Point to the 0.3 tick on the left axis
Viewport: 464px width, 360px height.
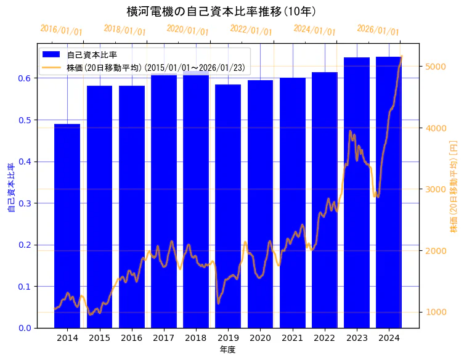coord(25,203)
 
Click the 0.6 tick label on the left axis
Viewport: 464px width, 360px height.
coord(25,78)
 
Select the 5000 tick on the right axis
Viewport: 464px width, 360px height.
coord(436,67)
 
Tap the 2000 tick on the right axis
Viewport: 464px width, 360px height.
coord(436,251)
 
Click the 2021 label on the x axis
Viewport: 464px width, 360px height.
coord(292,338)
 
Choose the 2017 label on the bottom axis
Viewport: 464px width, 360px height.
coord(163,338)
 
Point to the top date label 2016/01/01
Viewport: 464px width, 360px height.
coord(61,30)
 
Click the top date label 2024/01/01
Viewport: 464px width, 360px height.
coord(314,30)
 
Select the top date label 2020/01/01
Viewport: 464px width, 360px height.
coord(188,30)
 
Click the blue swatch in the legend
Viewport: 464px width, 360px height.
coord(52,55)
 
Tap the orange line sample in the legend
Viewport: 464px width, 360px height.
coord(52,67)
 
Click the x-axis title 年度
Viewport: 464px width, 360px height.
coord(227,350)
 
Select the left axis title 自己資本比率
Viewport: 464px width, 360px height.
coord(10,188)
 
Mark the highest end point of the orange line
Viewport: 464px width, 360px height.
coord(401,57)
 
